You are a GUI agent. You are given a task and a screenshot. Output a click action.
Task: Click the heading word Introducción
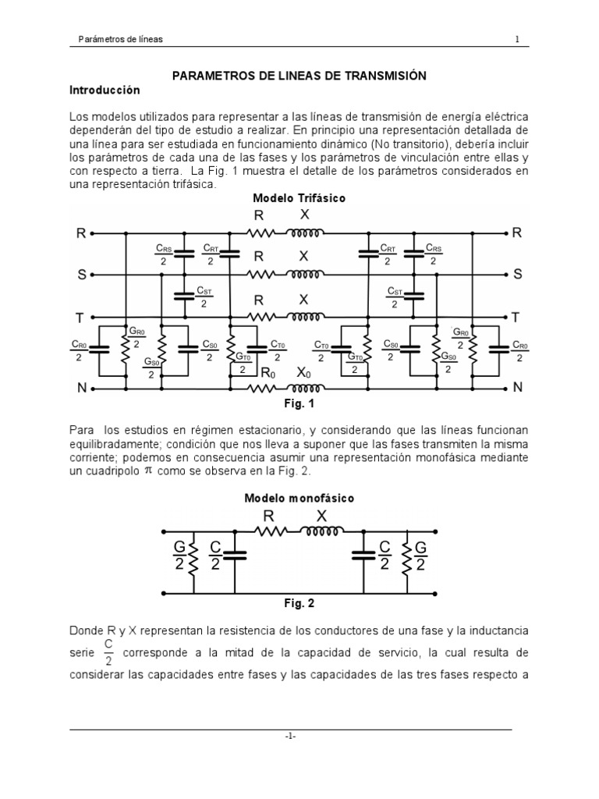coord(105,91)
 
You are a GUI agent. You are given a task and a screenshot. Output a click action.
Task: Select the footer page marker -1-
coord(290,737)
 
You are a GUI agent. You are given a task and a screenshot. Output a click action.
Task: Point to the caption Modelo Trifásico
coord(300,198)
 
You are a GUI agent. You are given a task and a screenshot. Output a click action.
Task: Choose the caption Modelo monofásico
coord(299,498)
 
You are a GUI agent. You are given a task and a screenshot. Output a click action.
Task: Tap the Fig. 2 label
coord(299,603)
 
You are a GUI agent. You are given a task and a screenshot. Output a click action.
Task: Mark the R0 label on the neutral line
coord(268,373)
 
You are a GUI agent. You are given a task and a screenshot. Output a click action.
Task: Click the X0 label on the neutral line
coord(304,373)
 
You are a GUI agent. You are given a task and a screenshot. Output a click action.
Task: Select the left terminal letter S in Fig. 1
coord(81,275)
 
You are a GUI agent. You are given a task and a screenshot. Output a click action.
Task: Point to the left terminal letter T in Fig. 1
coord(80,317)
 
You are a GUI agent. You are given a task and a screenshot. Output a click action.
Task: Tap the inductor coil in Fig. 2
coord(324,532)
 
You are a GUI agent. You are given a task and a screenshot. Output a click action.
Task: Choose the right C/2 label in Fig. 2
coord(384,556)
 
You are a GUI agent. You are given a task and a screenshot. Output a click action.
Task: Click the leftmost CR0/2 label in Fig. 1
coord(80,350)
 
